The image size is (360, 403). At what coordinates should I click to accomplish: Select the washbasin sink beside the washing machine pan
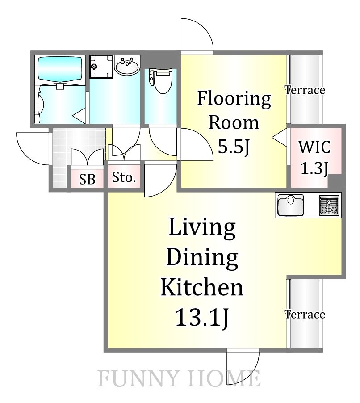(127, 66)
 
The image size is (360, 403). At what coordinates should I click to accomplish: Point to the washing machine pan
(101, 66)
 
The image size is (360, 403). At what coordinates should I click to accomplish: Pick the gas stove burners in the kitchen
(329, 206)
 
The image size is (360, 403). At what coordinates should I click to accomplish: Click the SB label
(88, 179)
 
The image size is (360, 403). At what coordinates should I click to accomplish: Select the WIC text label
(314, 147)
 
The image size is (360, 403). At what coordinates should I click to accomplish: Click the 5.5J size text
(234, 147)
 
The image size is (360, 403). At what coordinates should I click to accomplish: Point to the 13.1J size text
(202, 318)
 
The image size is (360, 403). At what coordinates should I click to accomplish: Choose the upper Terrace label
(305, 90)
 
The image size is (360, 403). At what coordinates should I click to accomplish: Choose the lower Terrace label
(305, 314)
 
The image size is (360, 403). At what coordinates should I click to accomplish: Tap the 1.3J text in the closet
(314, 169)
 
